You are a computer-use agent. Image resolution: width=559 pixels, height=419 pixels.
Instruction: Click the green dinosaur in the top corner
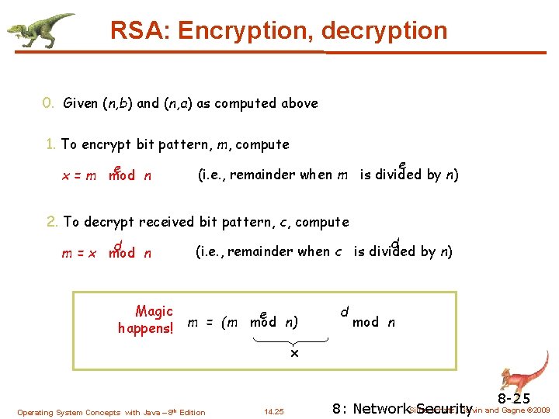[40, 29]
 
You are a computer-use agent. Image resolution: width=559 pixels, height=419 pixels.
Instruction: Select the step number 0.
[47, 103]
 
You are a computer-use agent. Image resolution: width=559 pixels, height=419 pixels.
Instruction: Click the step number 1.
[50, 144]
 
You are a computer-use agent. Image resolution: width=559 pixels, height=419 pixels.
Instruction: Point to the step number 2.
[53, 222]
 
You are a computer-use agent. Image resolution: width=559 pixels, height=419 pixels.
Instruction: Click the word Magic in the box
[154, 311]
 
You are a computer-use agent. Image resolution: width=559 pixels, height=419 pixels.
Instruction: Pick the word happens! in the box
[145, 328]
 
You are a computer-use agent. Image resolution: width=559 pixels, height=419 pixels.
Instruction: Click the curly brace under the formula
[293, 341]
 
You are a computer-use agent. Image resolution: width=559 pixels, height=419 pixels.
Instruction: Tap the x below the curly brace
[294, 354]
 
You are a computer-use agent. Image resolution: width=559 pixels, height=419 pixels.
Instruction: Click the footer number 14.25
[274, 412]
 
